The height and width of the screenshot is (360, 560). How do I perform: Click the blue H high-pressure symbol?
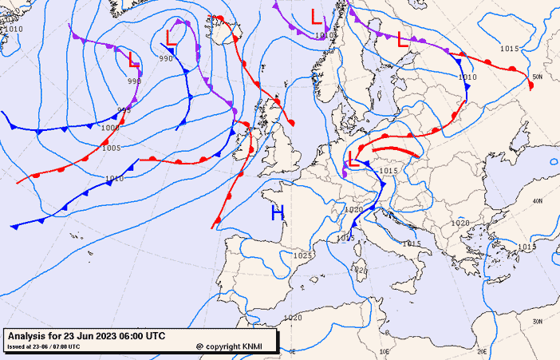pyautogui.click(x=277, y=212)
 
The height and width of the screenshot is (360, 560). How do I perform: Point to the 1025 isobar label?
pyautogui.click(x=302, y=255)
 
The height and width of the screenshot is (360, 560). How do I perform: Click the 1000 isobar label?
pyautogui.click(x=108, y=128)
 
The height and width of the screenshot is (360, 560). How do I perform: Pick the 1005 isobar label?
pyautogui.click(x=111, y=148)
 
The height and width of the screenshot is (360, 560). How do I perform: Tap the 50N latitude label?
pyautogui.click(x=537, y=77)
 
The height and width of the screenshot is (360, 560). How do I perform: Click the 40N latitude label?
pyautogui.click(x=538, y=200)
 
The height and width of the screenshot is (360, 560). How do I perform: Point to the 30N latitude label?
pyautogui.click(x=538, y=321)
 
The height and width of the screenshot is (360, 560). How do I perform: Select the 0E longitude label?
pyautogui.click(x=292, y=351)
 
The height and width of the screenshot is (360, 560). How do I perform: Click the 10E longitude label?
pyautogui.click(x=385, y=351)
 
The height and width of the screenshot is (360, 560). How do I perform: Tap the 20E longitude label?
pyautogui.click(x=481, y=351)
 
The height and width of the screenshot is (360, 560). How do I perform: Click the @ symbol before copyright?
pyautogui.click(x=199, y=346)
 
